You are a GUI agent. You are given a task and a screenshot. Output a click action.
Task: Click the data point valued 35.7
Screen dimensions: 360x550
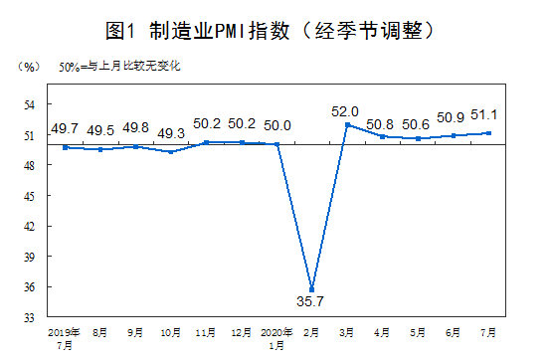[x=312, y=290]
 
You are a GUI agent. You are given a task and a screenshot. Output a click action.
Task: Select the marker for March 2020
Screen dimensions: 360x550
[x=347, y=124]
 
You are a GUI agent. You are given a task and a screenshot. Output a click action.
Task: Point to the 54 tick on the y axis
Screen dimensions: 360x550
[x=30, y=104]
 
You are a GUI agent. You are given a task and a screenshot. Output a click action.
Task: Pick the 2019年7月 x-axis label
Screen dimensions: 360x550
[x=64, y=336]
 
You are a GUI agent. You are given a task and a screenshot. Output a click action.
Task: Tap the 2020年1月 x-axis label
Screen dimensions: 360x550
[x=277, y=336]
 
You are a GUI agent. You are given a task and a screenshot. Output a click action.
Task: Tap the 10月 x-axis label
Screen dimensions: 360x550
[x=171, y=330]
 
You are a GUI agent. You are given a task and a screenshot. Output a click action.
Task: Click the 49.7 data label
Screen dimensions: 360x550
[x=65, y=129]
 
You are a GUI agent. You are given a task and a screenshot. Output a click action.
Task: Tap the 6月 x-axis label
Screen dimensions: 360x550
[x=454, y=330]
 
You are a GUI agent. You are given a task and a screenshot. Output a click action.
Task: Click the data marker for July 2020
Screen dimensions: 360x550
[x=488, y=133]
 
